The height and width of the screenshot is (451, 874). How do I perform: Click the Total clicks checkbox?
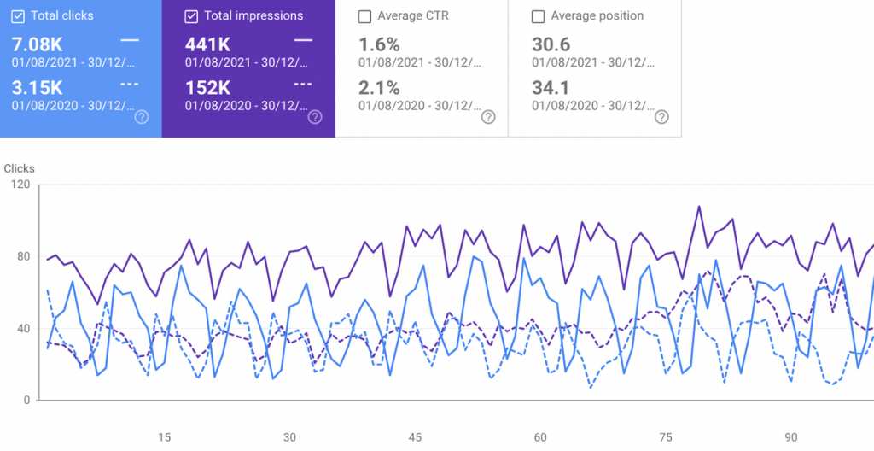tap(19, 16)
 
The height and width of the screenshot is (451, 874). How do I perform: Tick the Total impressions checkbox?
tap(192, 16)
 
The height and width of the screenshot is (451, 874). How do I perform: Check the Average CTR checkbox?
tap(365, 16)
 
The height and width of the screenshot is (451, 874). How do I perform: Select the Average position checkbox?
tap(538, 16)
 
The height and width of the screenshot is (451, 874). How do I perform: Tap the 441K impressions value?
tap(207, 44)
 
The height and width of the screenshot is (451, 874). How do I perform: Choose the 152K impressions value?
tap(207, 87)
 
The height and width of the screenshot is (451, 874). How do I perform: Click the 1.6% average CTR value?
tap(380, 44)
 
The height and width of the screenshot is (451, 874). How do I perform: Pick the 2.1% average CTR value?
tap(380, 87)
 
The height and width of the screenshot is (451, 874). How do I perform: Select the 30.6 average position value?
tap(551, 44)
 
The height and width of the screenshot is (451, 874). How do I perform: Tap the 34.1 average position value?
tap(551, 87)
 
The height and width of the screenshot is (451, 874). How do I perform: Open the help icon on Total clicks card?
tap(142, 117)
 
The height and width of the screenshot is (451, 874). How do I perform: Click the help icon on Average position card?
tap(661, 117)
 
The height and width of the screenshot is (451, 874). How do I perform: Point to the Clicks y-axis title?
tap(20, 168)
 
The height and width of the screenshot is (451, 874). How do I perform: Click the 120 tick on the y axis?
tap(20, 184)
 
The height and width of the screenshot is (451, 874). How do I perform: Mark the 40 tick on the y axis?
tap(23, 329)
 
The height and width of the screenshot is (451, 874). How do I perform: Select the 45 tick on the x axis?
tap(415, 437)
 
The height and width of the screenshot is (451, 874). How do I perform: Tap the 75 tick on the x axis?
tap(666, 437)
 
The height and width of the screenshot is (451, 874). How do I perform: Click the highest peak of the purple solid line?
tap(699, 206)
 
